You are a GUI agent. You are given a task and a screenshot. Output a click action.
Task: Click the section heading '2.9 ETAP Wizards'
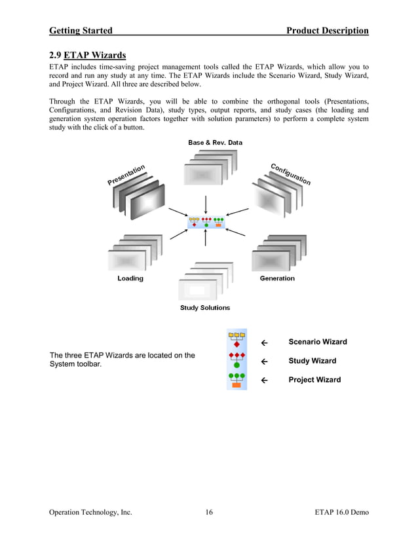click(x=88, y=55)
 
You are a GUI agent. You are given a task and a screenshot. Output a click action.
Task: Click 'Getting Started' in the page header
click(x=81, y=30)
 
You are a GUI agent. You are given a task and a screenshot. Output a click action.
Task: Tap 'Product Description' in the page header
click(x=327, y=30)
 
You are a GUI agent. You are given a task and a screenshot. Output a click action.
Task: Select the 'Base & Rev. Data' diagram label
click(x=215, y=142)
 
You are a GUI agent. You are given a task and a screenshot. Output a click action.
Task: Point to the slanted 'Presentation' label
click(x=126, y=174)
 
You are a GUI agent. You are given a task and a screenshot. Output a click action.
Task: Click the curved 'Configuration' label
click(x=290, y=173)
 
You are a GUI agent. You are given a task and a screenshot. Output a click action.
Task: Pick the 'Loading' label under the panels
click(x=130, y=278)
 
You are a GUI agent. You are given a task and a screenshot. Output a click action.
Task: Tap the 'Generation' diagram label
click(x=277, y=278)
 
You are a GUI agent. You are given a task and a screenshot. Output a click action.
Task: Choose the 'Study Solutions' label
click(x=205, y=308)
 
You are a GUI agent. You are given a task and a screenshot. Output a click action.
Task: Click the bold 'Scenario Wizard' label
click(x=318, y=342)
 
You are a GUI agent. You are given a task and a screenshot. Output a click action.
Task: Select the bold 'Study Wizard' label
click(x=313, y=361)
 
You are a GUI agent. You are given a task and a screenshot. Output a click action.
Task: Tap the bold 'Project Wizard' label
click(x=314, y=380)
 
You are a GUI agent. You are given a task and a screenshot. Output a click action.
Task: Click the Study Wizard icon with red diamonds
click(x=237, y=360)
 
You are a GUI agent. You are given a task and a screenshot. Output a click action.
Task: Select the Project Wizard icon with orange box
click(x=237, y=380)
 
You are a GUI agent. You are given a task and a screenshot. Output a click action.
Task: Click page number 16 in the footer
click(x=208, y=512)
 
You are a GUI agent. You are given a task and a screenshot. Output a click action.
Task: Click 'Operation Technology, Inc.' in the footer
click(x=91, y=512)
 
